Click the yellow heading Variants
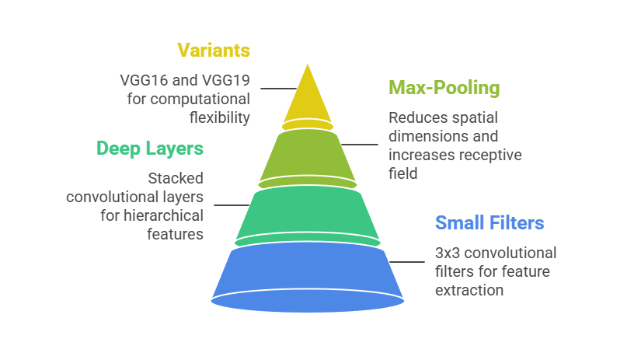click(x=214, y=51)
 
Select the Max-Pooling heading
click(x=444, y=88)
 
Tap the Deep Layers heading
click(x=150, y=149)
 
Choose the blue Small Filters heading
click(x=489, y=224)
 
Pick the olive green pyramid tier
click(x=307, y=156)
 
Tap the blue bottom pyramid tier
click(x=307, y=272)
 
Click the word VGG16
click(x=142, y=80)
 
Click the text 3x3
click(x=449, y=253)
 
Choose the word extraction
click(x=469, y=291)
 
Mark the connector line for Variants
click(x=274, y=89)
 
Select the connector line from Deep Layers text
click(x=231, y=205)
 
